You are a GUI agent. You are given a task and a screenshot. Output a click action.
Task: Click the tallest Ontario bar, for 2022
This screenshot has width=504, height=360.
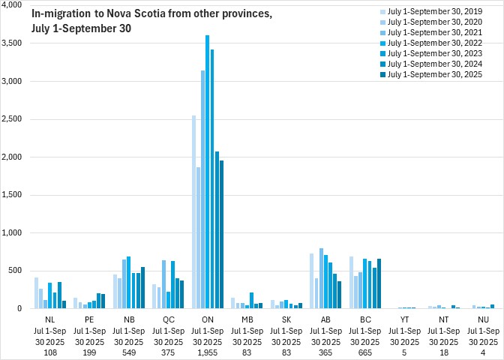pos(208,172)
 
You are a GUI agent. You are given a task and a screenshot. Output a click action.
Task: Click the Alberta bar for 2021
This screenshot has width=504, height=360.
pos(322,278)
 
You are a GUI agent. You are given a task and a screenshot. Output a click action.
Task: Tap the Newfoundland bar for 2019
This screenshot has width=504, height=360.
pos(36,293)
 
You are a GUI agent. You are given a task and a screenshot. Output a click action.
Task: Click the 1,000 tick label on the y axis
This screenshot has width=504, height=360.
pos(13,233)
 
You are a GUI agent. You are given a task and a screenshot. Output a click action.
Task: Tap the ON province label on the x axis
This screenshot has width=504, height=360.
pos(208,318)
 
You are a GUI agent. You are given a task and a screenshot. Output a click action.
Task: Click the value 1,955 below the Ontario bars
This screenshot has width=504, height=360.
pos(208,352)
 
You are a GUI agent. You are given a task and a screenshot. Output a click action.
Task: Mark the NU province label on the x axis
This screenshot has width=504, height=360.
pos(484,318)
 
